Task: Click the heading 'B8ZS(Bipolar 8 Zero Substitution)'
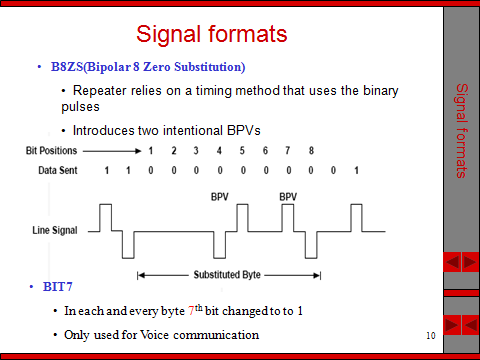point(147,67)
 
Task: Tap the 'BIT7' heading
point(58,288)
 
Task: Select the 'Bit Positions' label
point(51,151)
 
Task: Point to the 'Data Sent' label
point(47,171)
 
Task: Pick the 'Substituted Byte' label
point(227,273)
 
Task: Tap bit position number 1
point(150,151)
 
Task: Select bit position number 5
point(242,151)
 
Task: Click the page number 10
point(430,334)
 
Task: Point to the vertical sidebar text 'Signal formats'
point(461,131)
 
